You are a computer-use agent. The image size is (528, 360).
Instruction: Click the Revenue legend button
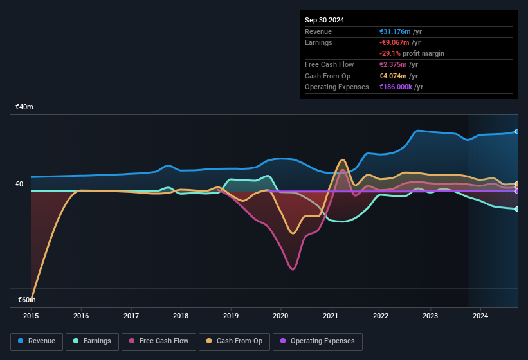(x=37, y=341)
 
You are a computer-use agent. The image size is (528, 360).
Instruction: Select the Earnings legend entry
(x=93, y=341)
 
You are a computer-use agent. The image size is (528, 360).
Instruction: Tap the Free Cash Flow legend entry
(x=159, y=341)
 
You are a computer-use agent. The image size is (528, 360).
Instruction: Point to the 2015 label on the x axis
(x=32, y=316)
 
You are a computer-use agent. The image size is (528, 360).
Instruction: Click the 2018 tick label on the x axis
(x=181, y=316)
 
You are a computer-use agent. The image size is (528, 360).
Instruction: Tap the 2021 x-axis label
(x=331, y=316)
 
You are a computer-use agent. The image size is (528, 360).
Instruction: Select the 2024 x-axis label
(x=480, y=316)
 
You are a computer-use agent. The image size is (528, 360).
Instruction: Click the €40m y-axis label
(x=24, y=107)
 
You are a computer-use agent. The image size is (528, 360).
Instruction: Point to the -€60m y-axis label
(x=26, y=300)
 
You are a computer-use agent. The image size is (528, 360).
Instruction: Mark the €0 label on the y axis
(x=19, y=184)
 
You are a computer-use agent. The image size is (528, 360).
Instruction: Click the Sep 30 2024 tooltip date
(x=324, y=20)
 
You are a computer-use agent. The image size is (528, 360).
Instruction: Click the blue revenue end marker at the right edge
(x=517, y=132)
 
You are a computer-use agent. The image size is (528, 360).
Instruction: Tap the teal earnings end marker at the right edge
(x=517, y=209)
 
